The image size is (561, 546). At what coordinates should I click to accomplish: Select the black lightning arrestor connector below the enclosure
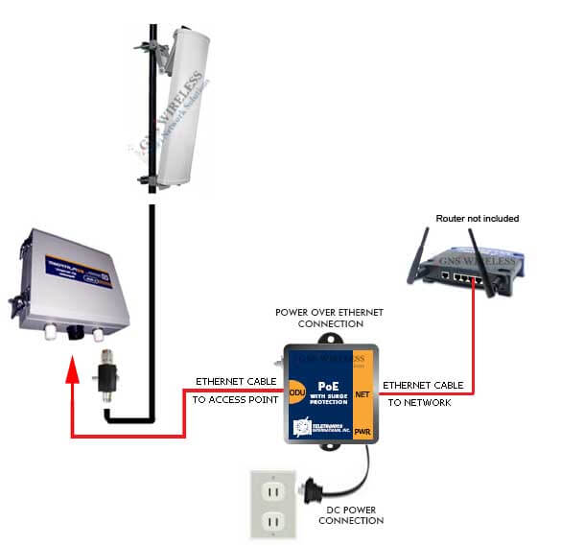point(104,379)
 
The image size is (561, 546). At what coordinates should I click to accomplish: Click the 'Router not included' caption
point(477,219)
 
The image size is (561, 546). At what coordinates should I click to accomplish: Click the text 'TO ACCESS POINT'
point(233,399)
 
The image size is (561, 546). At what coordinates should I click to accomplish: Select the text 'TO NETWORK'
point(418,402)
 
